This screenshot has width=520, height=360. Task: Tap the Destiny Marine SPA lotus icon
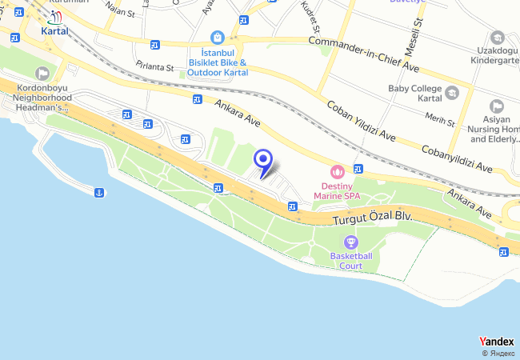point(337,171)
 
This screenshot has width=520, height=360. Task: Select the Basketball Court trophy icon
point(350,242)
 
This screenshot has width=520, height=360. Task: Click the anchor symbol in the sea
point(99,193)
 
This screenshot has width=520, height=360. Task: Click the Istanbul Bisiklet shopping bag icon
point(218,37)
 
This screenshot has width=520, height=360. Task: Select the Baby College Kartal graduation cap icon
point(453,94)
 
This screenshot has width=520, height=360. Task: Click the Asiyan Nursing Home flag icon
point(496,106)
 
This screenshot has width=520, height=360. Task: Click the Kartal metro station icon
point(54,16)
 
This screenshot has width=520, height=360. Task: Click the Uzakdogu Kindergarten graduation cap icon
point(498,38)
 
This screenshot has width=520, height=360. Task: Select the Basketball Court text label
point(351,261)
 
